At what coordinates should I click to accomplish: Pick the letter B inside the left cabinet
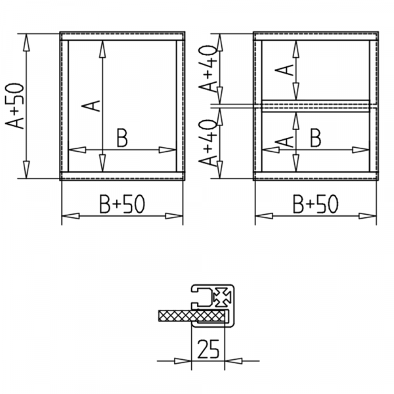(122, 139)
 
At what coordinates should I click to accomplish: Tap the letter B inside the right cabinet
(316, 139)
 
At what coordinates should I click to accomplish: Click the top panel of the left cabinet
(122, 36)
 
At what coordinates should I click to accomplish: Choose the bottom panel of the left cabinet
(122, 175)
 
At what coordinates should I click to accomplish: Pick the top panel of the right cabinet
(316, 36)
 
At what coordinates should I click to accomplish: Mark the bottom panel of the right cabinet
(316, 175)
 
